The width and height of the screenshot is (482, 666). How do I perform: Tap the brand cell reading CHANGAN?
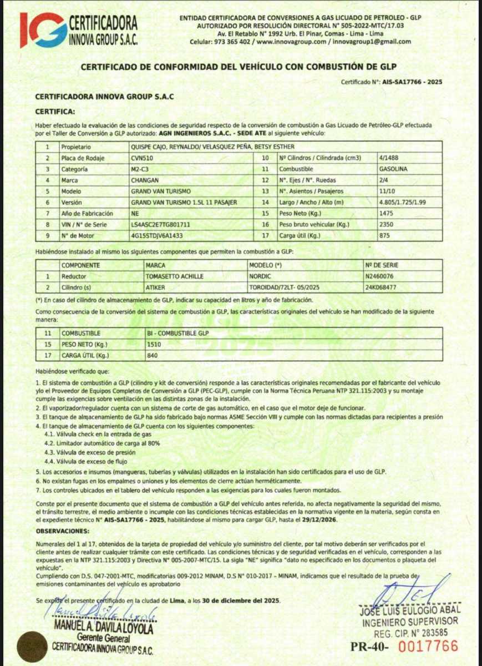point(145,180)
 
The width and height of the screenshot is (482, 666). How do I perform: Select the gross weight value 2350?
point(387,224)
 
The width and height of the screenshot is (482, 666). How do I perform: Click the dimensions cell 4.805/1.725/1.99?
point(404,202)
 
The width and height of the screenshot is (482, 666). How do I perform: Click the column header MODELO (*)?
point(266,265)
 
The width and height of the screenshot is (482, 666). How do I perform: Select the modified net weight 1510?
point(155,344)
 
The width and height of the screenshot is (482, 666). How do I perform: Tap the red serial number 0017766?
point(429,646)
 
